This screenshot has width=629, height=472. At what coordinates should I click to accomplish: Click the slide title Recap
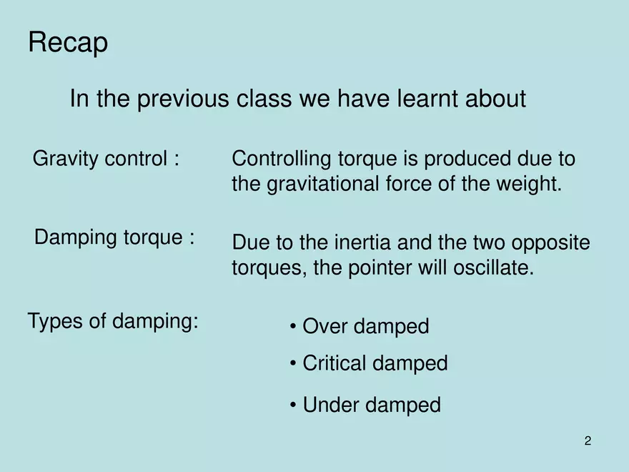click(x=68, y=42)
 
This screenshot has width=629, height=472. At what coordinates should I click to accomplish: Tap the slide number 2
click(x=588, y=441)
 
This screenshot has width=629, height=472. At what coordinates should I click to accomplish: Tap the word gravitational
click(x=322, y=185)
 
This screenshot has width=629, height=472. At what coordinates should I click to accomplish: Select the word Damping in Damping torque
click(x=76, y=237)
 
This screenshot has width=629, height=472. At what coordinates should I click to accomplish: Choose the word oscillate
click(x=493, y=267)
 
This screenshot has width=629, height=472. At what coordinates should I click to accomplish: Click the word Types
click(x=55, y=322)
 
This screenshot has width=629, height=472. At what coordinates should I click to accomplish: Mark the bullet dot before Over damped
click(x=293, y=326)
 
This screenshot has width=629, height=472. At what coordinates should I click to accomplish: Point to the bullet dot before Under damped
click(x=293, y=405)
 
